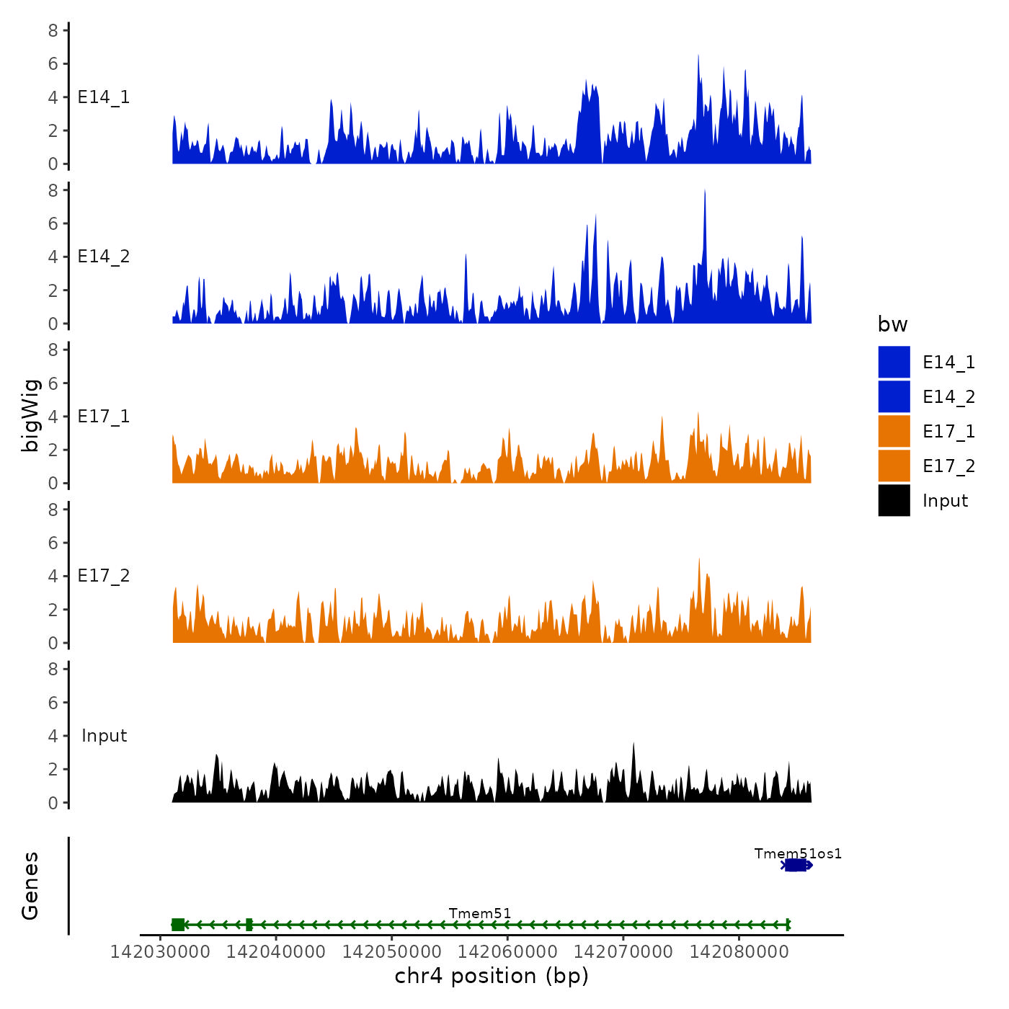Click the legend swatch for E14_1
pos(894,362)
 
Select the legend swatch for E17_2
pos(894,466)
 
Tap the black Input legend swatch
pos(894,500)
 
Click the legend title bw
pos(892,324)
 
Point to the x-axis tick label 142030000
pos(160,951)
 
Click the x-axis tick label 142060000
pos(507,951)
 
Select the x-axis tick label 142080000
pos(739,951)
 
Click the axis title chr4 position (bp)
pos(492,976)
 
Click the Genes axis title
pos(30,886)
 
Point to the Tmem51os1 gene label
pos(798,854)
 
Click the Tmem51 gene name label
pos(480,914)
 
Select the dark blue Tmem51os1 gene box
pos(796,865)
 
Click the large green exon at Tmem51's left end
pos(178,925)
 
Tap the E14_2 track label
pos(104,257)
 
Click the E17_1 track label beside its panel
pos(104,417)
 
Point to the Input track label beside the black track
pos(104,736)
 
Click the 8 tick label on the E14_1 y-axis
pos(53,30)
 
